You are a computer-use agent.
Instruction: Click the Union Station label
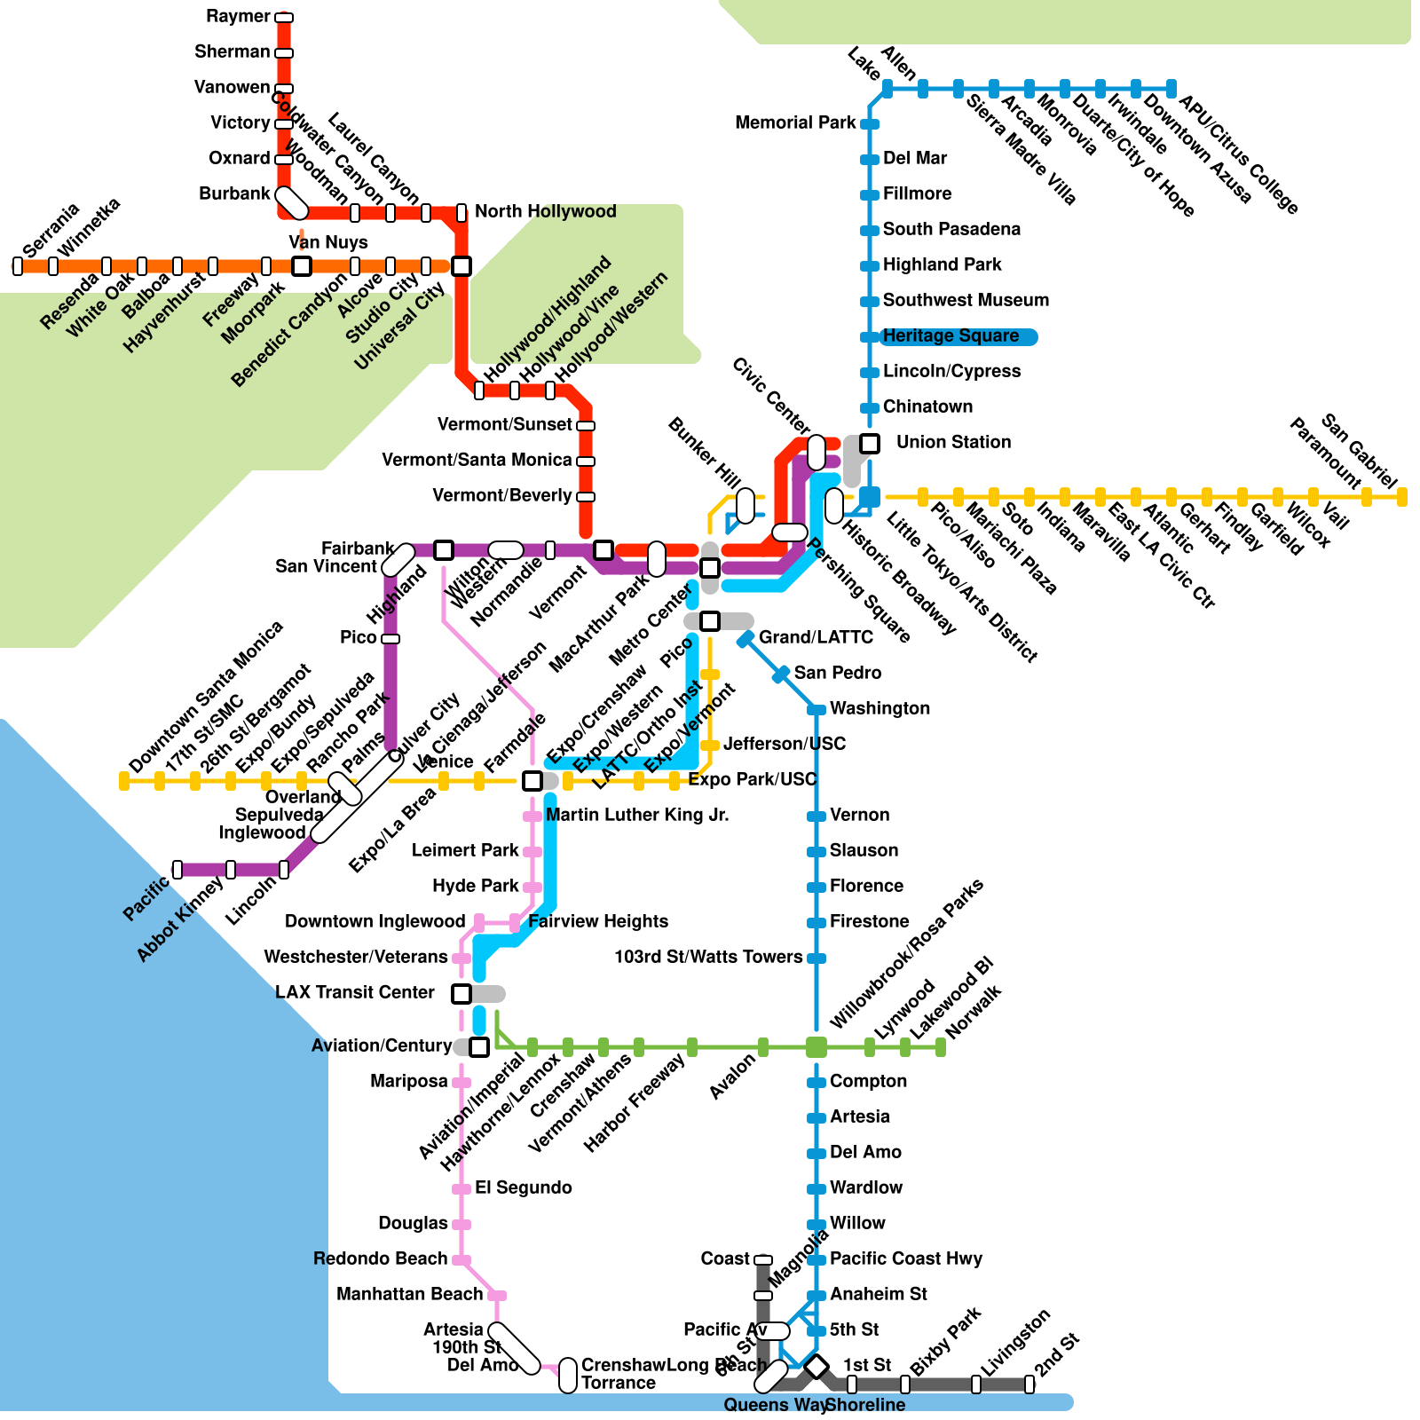pyautogui.click(x=953, y=442)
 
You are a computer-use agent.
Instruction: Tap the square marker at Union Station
pyautogui.click(x=870, y=443)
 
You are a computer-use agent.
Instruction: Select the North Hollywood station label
pyautogui.click(x=545, y=211)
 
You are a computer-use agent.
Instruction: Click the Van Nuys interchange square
pyautogui.click(x=302, y=265)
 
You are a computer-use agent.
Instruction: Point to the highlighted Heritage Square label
pyautogui.click(x=951, y=335)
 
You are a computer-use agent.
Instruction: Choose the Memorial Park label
pyautogui.click(x=795, y=122)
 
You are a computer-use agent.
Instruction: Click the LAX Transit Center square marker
pyautogui.click(x=461, y=993)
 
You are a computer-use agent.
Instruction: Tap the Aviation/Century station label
pyautogui.click(x=381, y=1045)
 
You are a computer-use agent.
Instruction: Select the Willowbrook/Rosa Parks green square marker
pyautogui.click(x=816, y=1047)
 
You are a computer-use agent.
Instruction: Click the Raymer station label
pyautogui.click(x=238, y=16)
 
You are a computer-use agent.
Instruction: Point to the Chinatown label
pyautogui.click(x=927, y=406)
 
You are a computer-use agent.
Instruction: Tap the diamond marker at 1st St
pyautogui.click(x=816, y=1366)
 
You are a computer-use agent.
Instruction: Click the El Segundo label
pyautogui.click(x=523, y=1187)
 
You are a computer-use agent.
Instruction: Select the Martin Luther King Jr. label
pyautogui.click(x=637, y=815)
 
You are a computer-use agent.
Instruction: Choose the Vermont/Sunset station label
pyautogui.click(x=504, y=424)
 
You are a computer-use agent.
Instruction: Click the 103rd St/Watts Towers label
pyautogui.click(x=708, y=957)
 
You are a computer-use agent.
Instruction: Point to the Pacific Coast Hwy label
pyautogui.click(x=906, y=1258)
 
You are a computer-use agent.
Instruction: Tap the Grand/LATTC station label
pyautogui.click(x=816, y=637)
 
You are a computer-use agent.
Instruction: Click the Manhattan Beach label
pyautogui.click(x=409, y=1294)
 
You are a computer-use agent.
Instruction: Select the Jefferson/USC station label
pyautogui.click(x=785, y=744)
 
